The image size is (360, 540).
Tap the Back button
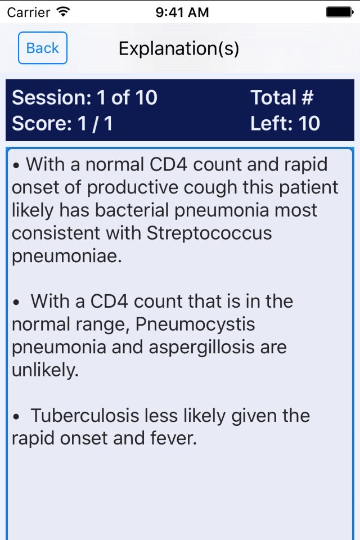(x=43, y=48)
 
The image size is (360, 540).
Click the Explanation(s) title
(x=179, y=48)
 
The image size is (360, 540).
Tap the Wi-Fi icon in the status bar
(x=64, y=12)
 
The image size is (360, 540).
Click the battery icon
(x=340, y=12)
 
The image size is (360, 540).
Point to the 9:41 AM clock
(x=182, y=12)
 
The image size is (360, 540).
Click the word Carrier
(x=29, y=12)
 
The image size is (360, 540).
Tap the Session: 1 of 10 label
(x=85, y=97)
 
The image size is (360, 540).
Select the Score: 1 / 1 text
(x=62, y=123)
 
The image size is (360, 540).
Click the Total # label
(x=282, y=97)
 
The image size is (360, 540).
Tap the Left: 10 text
(x=285, y=123)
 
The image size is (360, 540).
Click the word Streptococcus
(x=209, y=233)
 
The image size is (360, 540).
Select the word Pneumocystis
(x=195, y=324)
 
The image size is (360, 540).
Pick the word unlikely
(x=45, y=370)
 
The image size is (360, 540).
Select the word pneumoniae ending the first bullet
(x=67, y=256)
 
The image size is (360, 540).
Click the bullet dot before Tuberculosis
(x=16, y=417)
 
